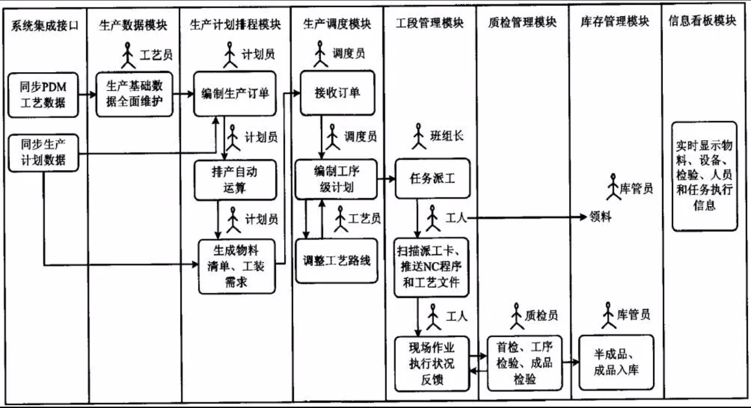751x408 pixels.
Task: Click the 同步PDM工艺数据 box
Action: (x=43, y=95)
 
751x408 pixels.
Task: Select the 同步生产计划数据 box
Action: (x=43, y=153)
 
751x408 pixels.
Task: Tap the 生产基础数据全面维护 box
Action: (x=134, y=94)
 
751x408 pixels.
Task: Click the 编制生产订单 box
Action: (x=235, y=94)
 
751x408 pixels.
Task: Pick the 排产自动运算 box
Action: (x=235, y=180)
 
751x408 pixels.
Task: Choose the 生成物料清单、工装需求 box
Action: (x=236, y=267)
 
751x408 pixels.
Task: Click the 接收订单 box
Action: (x=337, y=93)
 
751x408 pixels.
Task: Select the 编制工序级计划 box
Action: (x=336, y=179)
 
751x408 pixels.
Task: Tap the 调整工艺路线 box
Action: (x=336, y=261)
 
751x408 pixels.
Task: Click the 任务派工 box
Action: (x=432, y=179)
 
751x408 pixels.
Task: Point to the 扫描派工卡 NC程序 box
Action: (x=431, y=267)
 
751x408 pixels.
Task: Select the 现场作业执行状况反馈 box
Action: (x=432, y=364)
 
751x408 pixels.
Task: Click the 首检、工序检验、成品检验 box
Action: (x=525, y=363)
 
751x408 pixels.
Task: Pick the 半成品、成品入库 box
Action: (x=616, y=362)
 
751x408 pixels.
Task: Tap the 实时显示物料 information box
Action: (x=704, y=176)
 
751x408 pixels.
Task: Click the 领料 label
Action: (x=600, y=217)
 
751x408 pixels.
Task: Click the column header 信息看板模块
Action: (x=702, y=20)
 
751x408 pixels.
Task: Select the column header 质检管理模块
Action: (x=522, y=22)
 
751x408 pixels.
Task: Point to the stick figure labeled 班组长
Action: (x=419, y=136)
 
